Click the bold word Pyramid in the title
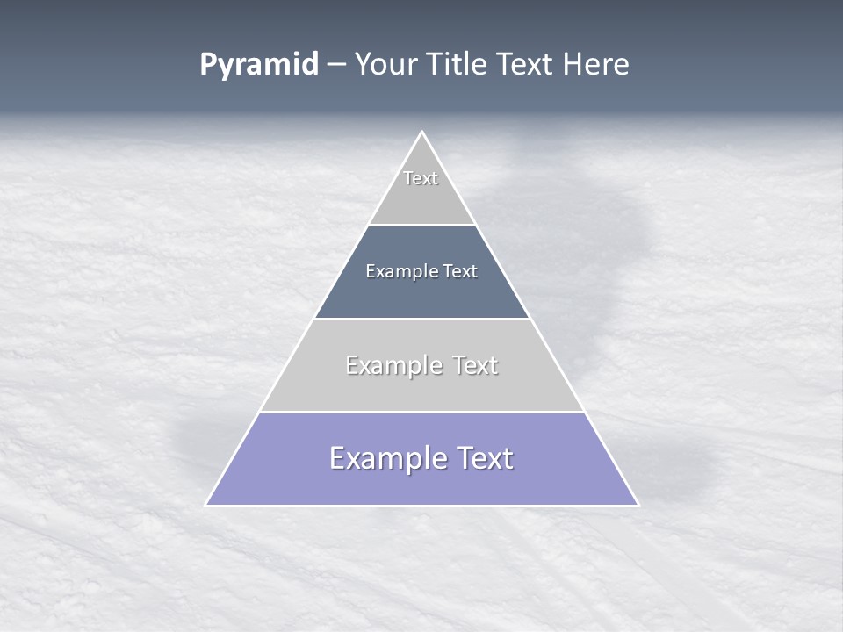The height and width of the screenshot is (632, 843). tap(259, 65)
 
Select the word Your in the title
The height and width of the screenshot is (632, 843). tap(386, 65)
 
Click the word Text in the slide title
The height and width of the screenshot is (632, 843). tap(528, 65)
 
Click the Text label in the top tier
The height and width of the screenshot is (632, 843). tap(421, 178)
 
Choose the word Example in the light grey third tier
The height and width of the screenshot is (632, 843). tap(391, 365)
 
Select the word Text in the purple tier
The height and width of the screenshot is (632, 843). tap(480, 459)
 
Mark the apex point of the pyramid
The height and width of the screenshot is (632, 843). tap(422, 133)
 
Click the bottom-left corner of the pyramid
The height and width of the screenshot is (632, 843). tap(206, 505)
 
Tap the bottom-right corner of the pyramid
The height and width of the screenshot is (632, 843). tap(638, 505)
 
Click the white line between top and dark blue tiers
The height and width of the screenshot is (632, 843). tap(422, 226)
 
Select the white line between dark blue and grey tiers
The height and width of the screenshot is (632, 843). tap(422, 319)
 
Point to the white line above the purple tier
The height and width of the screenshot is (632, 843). tap(422, 412)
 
